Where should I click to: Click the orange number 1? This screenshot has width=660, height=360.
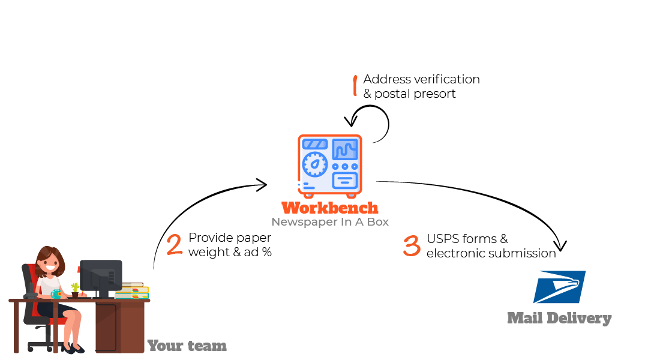[355, 86]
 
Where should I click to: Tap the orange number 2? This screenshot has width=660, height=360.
[174, 245]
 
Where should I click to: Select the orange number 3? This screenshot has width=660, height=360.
[412, 246]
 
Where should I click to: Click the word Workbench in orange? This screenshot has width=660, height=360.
[330, 208]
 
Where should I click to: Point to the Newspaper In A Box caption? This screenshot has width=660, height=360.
[330, 222]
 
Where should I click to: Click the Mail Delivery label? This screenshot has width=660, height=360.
[559, 319]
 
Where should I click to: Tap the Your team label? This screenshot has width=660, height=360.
[187, 346]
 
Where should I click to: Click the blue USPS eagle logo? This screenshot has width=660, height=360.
[559, 287]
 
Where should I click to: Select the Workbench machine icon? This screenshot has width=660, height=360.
[330, 166]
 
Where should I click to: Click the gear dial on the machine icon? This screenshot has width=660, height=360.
[314, 164]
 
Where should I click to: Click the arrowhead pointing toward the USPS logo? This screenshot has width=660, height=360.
[560, 246]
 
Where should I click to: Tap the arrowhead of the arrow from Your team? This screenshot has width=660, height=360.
[261, 184]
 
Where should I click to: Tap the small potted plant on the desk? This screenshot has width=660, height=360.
[75, 290]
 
